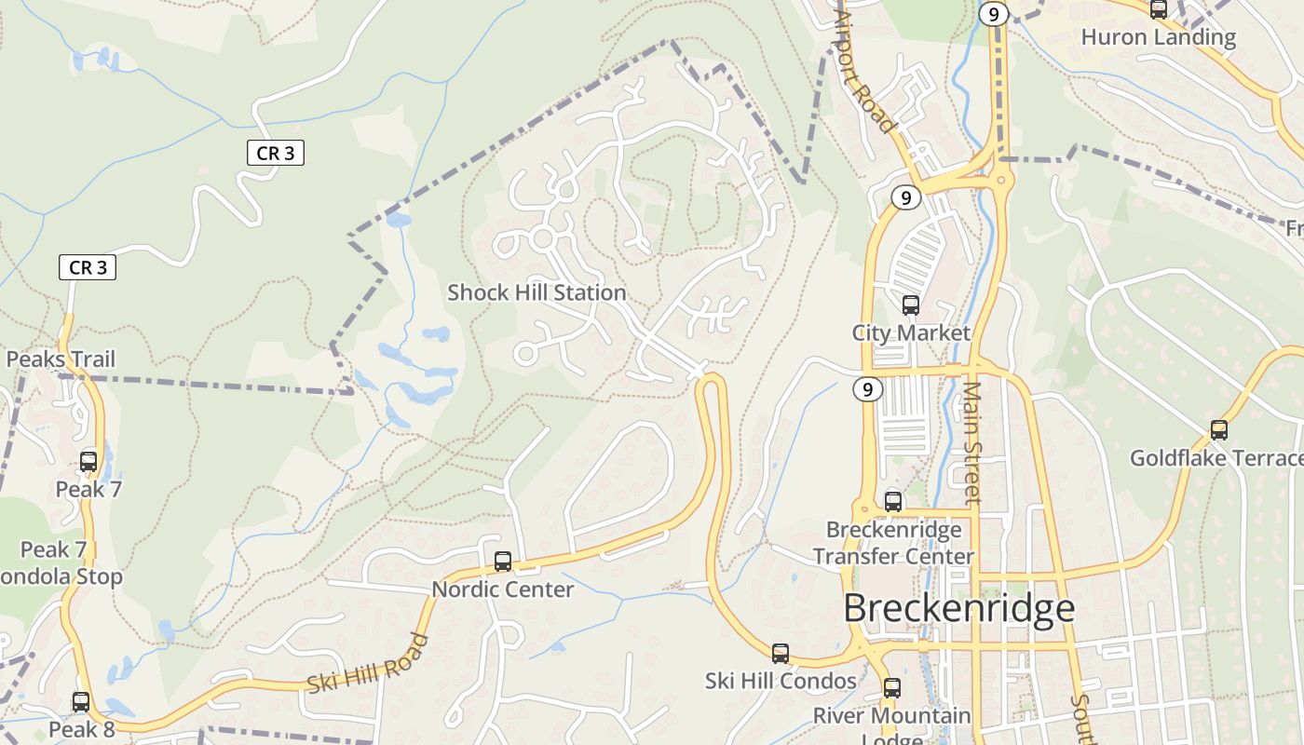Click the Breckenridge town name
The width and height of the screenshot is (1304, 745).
pos(958,608)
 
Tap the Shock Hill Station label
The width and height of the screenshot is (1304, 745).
pos(537,292)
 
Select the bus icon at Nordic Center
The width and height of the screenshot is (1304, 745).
pos(503,561)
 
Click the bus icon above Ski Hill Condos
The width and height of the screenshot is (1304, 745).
pos(781,653)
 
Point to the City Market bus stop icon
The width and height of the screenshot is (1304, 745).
pos(911,305)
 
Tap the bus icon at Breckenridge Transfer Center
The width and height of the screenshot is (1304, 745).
pos(893,502)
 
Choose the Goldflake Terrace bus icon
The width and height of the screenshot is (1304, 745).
pos(1218,429)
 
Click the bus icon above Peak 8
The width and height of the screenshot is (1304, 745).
pos(81,701)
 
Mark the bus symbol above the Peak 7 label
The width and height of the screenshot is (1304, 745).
pos(88,461)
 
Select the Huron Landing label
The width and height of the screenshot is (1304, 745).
pos(1158,37)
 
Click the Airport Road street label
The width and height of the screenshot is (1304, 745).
pos(865,73)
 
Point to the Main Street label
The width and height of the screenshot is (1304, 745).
pos(972,442)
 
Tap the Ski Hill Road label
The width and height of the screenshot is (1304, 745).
pos(368,663)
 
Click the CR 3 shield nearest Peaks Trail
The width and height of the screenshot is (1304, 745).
pos(88,267)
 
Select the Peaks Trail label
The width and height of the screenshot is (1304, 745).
pos(61,359)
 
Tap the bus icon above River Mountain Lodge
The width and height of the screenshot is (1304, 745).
pos(892,688)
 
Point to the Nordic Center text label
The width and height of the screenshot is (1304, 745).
pos(502,589)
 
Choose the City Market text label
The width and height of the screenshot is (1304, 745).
pos(911,332)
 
